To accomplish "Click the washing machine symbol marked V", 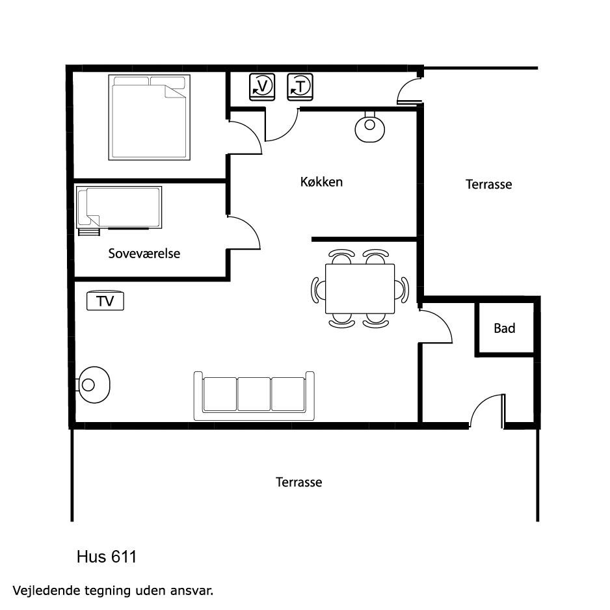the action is coord(262,86).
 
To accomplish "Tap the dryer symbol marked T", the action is coord(300,86).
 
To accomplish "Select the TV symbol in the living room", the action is coord(105,300).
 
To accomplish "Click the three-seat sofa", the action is coord(254,396).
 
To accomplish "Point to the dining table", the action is coord(360,289).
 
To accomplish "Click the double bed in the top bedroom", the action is coord(150,118).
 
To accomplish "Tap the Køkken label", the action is coord(321,181).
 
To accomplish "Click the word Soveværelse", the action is coord(144,254).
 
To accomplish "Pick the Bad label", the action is coord(504,328).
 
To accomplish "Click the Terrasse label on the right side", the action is coord(488,184).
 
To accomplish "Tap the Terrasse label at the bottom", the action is coord(298,483).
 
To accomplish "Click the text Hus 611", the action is coord(107,557).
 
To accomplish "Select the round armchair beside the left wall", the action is coord(94,385).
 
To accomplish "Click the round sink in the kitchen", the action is coord(369,126).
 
